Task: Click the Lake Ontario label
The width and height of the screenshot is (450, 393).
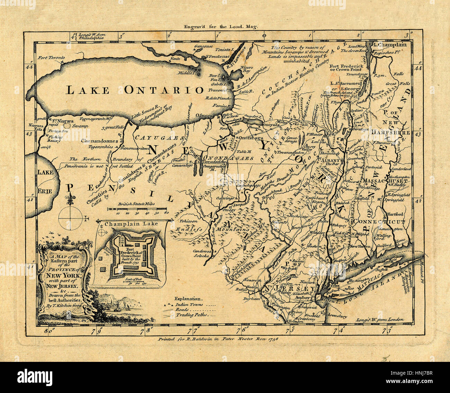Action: click(134, 90)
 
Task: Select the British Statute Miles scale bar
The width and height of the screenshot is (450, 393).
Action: click(137, 209)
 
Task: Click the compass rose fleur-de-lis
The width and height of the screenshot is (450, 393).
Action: click(72, 200)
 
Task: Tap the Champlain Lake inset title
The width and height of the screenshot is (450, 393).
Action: click(131, 223)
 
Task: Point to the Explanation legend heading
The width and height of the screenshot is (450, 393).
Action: click(187, 298)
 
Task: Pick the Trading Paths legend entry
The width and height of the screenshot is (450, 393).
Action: click(191, 315)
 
